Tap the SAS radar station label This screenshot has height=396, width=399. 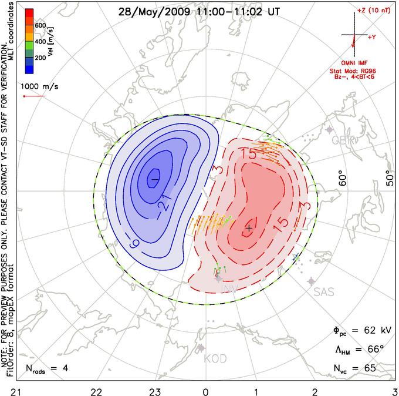[x=324, y=291]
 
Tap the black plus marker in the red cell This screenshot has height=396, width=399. [x=249, y=227]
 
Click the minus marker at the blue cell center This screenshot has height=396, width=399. [x=155, y=177]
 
